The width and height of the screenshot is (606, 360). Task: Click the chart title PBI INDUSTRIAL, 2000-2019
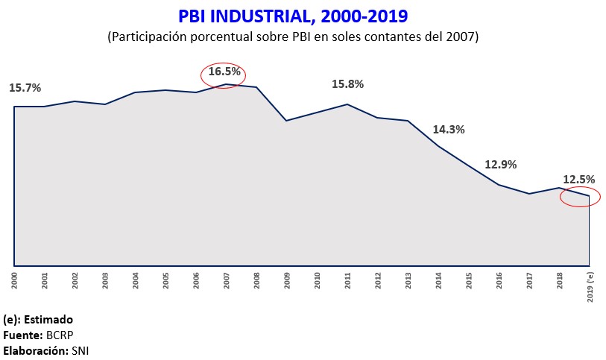click(294, 16)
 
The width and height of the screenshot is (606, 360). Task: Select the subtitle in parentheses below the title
click(293, 37)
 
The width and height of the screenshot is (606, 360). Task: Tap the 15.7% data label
click(25, 88)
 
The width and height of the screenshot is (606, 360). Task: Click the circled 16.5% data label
click(224, 73)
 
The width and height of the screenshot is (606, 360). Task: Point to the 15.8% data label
click(347, 84)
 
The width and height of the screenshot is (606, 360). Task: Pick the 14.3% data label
click(449, 129)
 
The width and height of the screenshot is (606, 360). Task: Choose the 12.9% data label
click(500, 165)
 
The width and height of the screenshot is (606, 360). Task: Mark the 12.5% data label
click(578, 179)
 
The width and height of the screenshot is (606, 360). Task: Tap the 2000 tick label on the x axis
click(15, 280)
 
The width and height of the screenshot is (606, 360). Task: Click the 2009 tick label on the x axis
click(287, 280)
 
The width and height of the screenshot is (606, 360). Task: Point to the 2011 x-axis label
click(347, 280)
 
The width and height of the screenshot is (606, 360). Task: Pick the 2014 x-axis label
click(438, 280)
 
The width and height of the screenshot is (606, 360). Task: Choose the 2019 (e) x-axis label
click(590, 284)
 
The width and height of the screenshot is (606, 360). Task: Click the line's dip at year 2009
click(287, 120)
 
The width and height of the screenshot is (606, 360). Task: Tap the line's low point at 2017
click(529, 194)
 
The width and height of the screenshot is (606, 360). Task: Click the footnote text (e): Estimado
click(38, 319)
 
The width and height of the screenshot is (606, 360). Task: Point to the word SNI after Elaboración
click(80, 350)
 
